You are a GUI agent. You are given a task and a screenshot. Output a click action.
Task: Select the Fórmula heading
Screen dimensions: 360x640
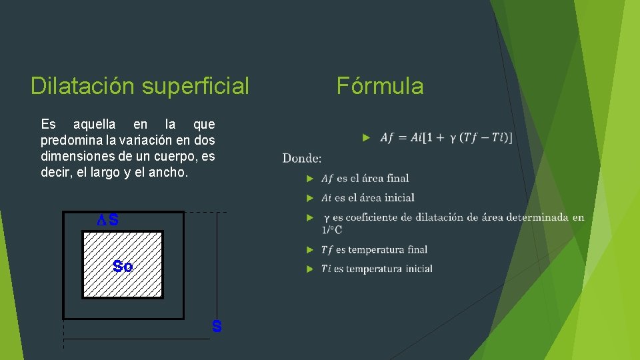(380, 86)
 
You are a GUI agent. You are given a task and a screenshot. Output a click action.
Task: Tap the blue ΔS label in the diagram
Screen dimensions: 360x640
(108, 220)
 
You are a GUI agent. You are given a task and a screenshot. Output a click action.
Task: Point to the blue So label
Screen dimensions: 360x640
(123, 267)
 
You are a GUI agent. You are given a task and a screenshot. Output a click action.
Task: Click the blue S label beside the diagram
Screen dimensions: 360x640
(217, 327)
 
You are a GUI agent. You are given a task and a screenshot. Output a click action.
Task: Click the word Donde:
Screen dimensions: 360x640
(302, 158)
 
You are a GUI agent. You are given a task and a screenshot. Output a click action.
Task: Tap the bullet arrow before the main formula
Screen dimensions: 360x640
(366, 137)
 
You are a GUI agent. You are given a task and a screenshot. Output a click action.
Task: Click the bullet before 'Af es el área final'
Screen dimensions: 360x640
(309, 178)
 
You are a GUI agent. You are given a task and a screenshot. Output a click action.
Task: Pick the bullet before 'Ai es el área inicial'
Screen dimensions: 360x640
(309, 197)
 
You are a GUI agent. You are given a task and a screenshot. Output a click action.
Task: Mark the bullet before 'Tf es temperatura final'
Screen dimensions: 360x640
(309, 249)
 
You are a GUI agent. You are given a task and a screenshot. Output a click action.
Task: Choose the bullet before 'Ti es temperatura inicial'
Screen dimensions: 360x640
(309, 269)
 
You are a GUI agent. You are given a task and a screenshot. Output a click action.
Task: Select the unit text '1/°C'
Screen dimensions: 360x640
(331, 230)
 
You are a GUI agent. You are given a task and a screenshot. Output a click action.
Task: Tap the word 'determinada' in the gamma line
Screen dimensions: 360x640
(537, 217)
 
